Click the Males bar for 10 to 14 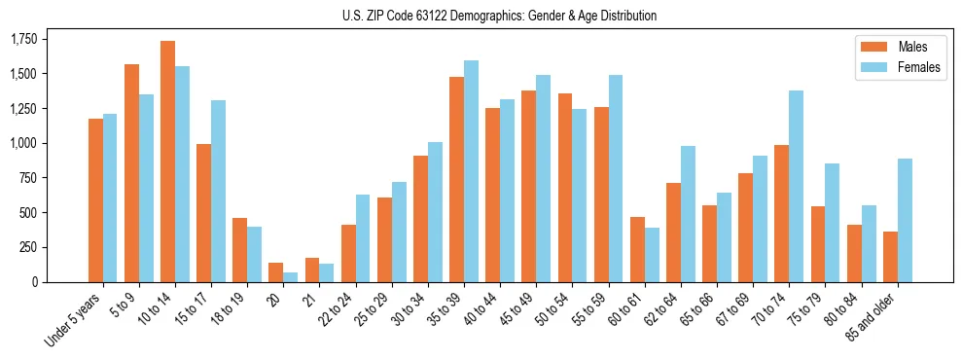(x=168, y=162)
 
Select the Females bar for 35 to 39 (x=472, y=171)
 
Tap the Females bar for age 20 (x=291, y=277)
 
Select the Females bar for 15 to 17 (x=219, y=192)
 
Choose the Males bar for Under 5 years (x=95, y=200)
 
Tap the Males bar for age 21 (x=312, y=270)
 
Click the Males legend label (x=912, y=47)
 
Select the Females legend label (x=919, y=67)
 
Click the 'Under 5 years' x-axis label (x=74, y=321)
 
